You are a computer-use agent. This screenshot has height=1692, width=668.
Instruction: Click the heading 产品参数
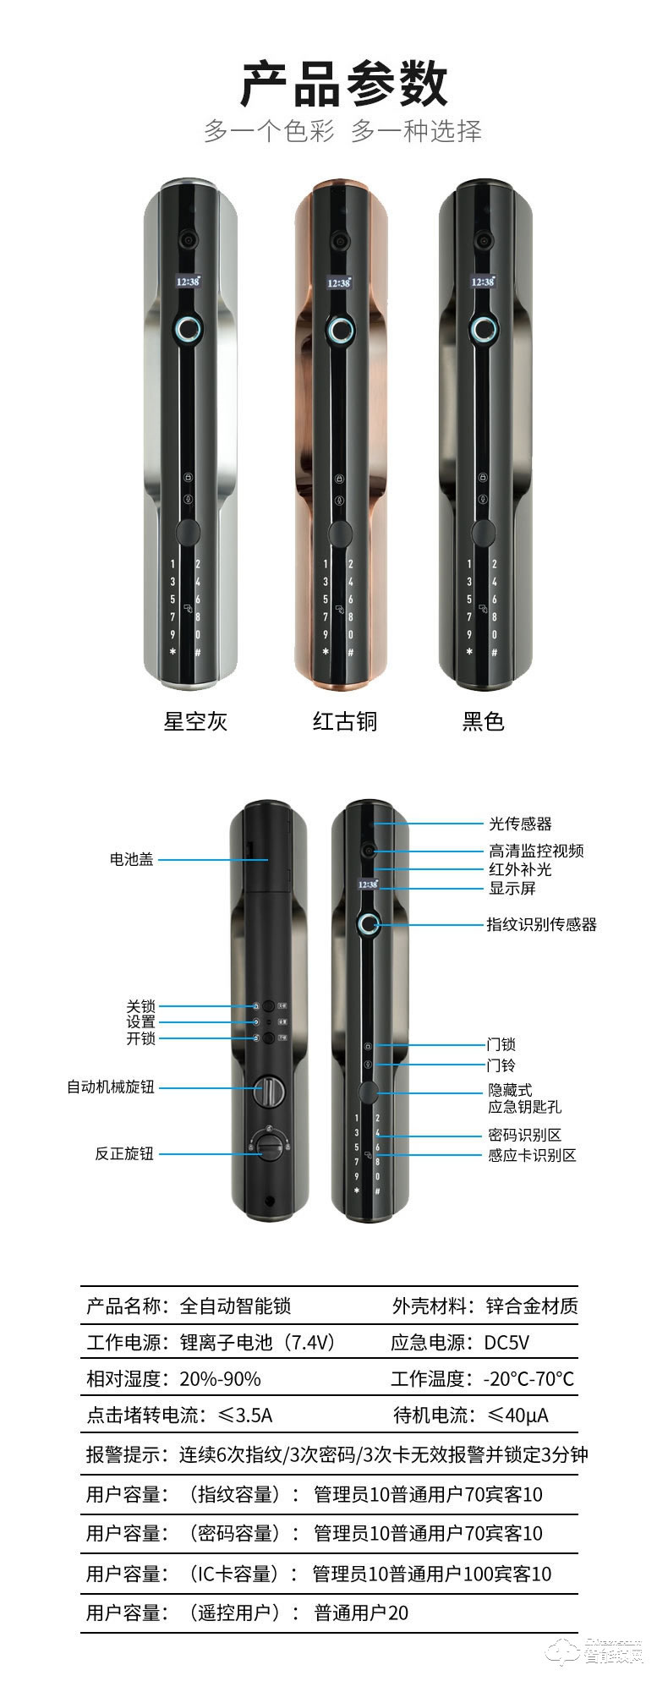coord(343,84)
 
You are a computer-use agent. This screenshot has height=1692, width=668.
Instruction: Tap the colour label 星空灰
coord(195,721)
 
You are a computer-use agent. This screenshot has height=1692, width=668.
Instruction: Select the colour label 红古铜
coord(345,721)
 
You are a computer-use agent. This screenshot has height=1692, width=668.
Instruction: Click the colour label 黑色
coord(484,721)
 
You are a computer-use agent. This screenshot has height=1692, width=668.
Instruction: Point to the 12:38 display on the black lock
coord(483,282)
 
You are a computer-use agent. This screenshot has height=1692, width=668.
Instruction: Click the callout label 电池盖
coord(131,859)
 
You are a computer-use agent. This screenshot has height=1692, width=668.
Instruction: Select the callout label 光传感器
coord(520,824)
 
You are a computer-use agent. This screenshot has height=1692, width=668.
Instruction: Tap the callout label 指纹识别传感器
coord(541,924)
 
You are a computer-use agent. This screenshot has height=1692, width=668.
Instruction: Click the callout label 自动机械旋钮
coord(111,1087)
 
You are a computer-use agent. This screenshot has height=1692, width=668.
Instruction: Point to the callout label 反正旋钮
coord(124,1153)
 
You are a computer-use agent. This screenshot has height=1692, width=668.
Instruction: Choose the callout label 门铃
coord(501,1065)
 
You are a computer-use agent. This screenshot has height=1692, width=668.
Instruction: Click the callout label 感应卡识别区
coord(532,1155)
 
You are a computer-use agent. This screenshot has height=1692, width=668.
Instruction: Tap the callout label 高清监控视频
coord(536,851)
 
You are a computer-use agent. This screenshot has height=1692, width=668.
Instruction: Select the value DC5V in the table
coord(506,1343)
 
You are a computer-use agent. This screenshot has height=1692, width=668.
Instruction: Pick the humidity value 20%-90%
coord(220,1379)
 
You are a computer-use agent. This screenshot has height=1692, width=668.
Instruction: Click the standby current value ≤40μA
coord(518,1415)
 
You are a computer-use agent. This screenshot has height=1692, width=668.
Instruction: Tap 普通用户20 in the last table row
coord(361,1613)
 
